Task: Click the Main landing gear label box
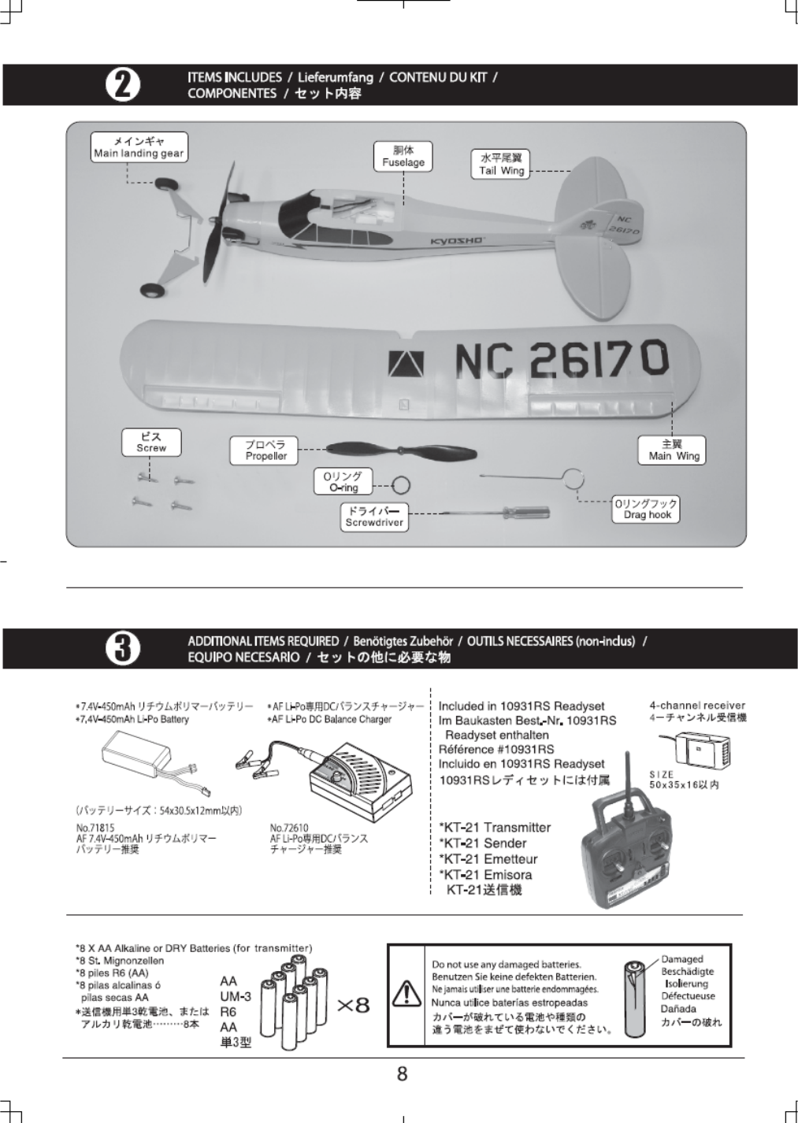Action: pos(139,147)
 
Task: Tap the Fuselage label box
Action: pos(403,156)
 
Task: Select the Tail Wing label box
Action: pos(501,165)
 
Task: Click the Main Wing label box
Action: pos(673,450)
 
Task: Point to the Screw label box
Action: pos(150,442)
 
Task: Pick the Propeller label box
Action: pos(265,450)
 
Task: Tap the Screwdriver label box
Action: pos(374,517)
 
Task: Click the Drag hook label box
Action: pos(646,510)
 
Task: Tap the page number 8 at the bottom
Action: pos(402,1073)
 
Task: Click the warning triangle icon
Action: pos(407,992)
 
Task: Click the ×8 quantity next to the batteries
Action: pos(352,1005)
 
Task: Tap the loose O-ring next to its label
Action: pos(401,487)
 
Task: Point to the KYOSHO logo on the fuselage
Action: pos(456,240)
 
